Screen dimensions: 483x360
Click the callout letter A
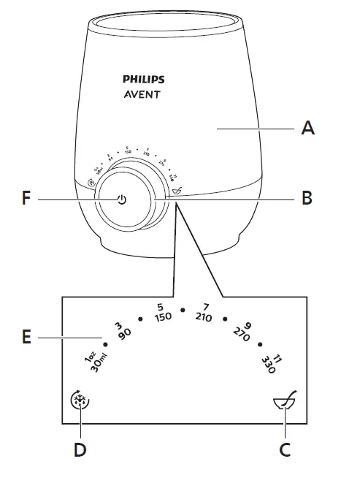click(309, 129)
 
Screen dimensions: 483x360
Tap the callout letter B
click(309, 198)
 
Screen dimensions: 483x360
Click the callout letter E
click(26, 338)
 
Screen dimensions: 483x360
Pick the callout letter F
click(26, 198)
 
